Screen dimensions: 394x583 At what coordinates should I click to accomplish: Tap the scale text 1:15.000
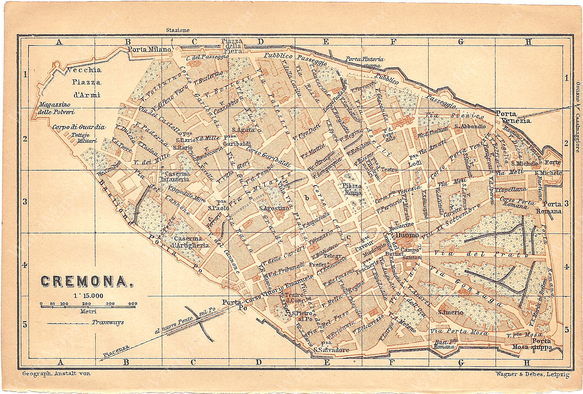point(88,296)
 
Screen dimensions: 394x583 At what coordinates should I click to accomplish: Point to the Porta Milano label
point(149,49)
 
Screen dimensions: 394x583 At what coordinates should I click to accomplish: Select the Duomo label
point(407,235)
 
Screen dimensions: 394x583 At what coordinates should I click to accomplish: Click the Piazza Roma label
point(353,189)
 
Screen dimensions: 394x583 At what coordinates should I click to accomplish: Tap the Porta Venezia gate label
point(513,117)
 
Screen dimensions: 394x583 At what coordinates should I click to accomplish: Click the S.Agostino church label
point(274,208)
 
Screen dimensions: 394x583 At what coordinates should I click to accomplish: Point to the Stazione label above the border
point(178,30)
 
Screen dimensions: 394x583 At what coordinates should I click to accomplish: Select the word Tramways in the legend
point(108,322)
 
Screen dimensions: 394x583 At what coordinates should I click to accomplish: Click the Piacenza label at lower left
point(116,351)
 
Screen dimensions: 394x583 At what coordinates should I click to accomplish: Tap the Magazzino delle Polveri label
point(56,108)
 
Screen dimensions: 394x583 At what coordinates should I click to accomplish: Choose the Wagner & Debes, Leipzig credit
point(532,375)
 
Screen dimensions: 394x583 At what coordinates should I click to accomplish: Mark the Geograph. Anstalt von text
point(56,373)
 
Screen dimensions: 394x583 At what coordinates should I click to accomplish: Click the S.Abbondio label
point(470,127)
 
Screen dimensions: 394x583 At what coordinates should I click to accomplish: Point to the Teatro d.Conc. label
point(294,298)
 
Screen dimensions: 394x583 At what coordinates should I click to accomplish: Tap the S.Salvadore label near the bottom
point(331,350)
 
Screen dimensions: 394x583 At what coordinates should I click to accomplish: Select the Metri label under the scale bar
point(88,311)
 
